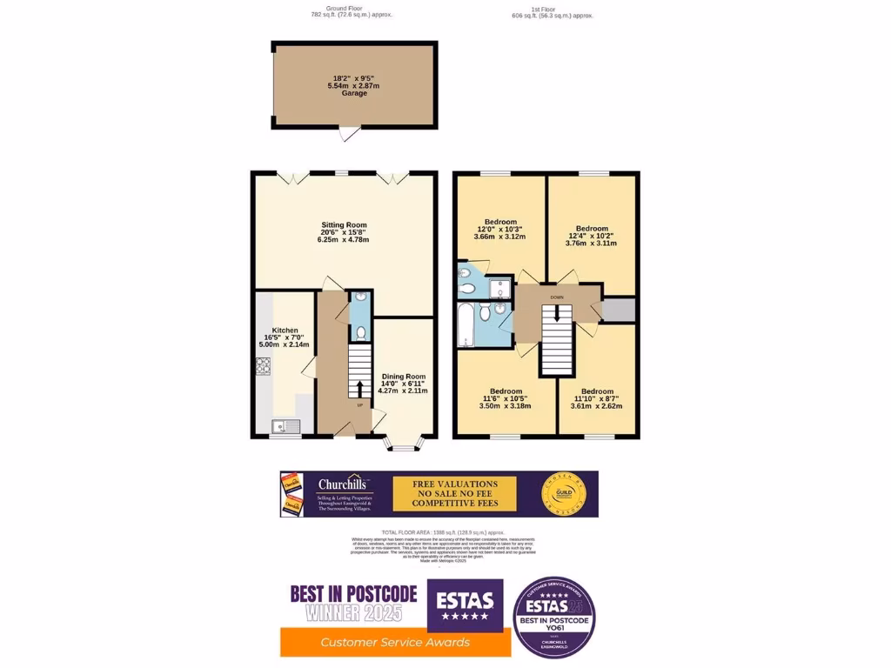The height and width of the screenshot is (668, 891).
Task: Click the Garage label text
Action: [x=354, y=93]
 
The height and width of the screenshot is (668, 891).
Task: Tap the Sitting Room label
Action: [x=343, y=224]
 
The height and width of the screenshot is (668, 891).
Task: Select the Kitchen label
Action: [x=285, y=331]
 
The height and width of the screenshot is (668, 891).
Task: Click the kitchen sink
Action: [x=284, y=425]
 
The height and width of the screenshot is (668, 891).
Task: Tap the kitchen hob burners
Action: [x=262, y=365]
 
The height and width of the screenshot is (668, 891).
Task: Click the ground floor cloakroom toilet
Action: [x=360, y=331]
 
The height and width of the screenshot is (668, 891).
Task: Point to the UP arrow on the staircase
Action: [x=358, y=387]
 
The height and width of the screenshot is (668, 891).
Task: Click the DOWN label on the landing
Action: [x=557, y=297]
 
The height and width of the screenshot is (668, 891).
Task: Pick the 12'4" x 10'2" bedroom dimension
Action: [x=592, y=236]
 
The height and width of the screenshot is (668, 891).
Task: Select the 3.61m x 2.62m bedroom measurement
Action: [x=598, y=406]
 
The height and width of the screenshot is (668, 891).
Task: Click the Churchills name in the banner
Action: [x=343, y=484]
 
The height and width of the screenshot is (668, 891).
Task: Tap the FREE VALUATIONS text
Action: [x=455, y=484]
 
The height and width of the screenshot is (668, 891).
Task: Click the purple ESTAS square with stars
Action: [x=465, y=605]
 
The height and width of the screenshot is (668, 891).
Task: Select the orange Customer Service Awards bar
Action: [x=395, y=642]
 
